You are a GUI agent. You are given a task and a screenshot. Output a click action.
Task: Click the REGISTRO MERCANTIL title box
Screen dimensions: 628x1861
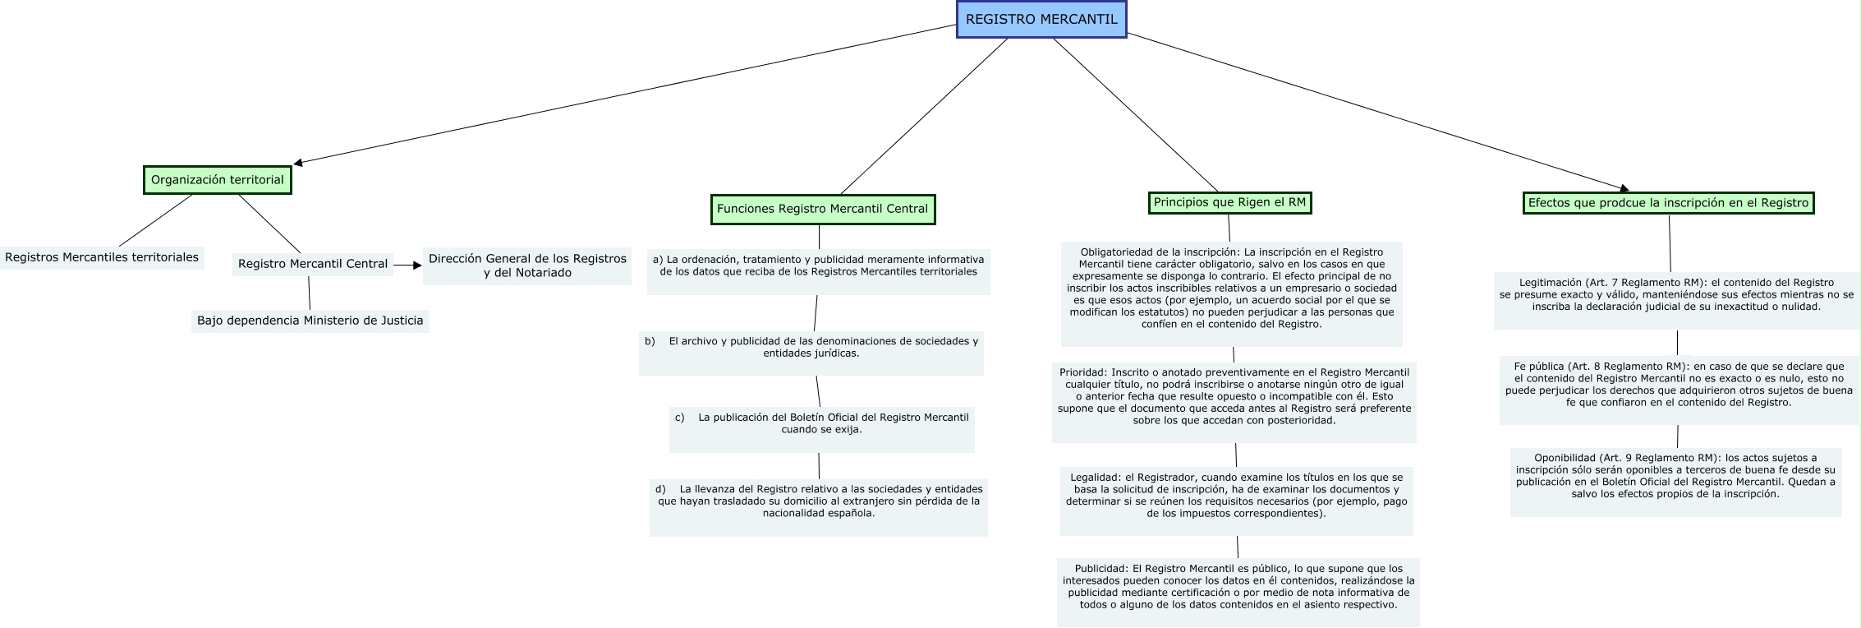1041,20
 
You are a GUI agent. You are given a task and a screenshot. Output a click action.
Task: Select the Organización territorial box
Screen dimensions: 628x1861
217,180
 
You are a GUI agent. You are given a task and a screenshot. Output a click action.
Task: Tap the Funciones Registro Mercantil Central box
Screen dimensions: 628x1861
822,209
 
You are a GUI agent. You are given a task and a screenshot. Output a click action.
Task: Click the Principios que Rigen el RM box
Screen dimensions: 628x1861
1229,202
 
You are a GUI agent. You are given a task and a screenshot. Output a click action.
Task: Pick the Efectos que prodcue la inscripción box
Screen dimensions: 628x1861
1668,203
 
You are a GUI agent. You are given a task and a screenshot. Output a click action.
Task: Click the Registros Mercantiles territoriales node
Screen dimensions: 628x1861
102,257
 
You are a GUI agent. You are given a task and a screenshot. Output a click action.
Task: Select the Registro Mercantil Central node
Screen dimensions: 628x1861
312,264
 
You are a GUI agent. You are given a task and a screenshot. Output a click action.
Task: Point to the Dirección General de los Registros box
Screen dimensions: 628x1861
527,266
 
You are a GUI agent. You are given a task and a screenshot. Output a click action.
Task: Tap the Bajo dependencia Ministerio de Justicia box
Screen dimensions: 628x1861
310,321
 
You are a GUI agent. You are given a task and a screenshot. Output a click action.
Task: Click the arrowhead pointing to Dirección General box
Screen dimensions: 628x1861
416,265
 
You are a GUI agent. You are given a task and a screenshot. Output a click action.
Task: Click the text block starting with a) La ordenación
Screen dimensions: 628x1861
818,265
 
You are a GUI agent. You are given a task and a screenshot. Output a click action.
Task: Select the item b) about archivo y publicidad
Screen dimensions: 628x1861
811,347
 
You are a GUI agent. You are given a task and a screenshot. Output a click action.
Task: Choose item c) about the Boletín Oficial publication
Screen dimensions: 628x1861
821,423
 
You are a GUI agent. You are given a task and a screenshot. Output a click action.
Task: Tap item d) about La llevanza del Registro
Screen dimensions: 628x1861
819,501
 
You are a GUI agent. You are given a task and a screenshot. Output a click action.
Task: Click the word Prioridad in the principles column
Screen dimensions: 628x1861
1082,372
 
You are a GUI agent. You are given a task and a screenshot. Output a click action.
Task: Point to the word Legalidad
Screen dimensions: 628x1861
1095,477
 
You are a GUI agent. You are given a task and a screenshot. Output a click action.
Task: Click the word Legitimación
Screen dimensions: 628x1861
1549,283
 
